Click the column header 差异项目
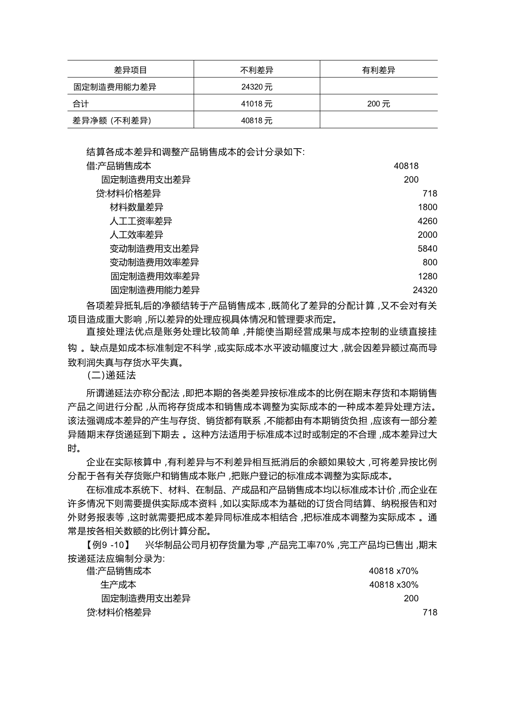[130, 70]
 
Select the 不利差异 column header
[257, 70]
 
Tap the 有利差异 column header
[378, 70]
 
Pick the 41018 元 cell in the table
[257, 104]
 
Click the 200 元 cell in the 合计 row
[378, 104]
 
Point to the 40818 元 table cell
[257, 120]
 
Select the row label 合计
[81, 104]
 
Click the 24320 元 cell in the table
[257, 87]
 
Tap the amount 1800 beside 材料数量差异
[428, 207]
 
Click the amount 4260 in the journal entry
[428, 221]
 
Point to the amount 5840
[428, 249]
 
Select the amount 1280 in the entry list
[428, 276]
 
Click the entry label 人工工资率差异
[141, 221]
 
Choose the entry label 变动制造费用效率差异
[154, 262]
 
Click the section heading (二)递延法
[111, 374]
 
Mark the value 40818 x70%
[394, 571]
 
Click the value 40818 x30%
[394, 585]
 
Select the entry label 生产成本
[118, 585]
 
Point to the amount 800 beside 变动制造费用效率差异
[430, 262]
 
